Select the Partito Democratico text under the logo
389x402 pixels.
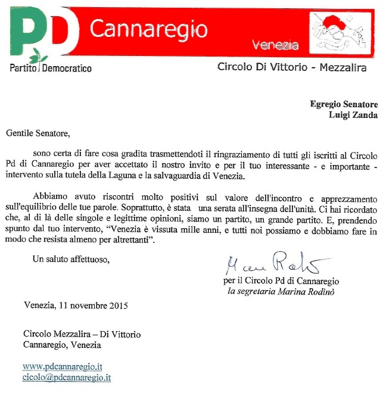pos(51,68)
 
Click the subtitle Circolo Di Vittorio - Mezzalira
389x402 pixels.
pos(291,68)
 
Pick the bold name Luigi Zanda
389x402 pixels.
pos(353,116)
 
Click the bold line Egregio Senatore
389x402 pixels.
pos(344,104)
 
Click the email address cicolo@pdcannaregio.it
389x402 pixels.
pos(67,377)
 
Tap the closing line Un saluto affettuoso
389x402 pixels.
pos(71,259)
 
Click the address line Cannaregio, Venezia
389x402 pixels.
pos(64,345)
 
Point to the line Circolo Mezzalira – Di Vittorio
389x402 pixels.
pos(82,334)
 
